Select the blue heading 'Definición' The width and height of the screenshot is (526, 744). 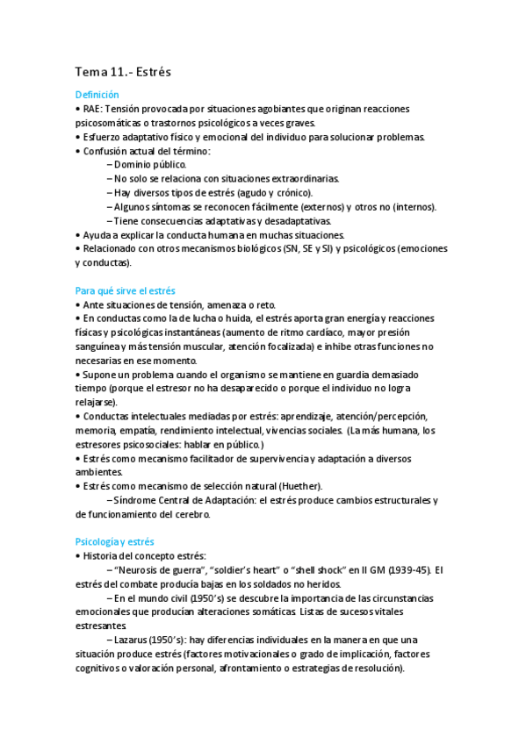[97, 95]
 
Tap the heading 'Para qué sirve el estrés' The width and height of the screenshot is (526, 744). [125, 290]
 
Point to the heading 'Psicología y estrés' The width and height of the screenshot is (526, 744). [114, 542]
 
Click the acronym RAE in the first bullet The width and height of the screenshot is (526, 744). [92, 109]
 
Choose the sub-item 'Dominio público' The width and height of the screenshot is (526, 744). [149, 164]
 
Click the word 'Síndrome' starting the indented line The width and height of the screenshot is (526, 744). [135, 500]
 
